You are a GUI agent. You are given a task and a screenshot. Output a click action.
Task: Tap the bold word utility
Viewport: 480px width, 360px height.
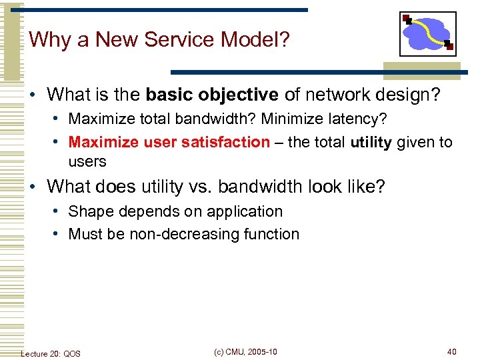click(x=371, y=142)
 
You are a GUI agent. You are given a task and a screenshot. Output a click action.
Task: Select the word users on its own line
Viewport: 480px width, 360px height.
click(x=87, y=161)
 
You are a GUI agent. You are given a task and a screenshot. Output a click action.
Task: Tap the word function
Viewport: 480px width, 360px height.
click(x=272, y=234)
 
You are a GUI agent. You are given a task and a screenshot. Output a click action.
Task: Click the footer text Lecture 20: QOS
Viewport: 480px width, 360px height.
click(x=51, y=353)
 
